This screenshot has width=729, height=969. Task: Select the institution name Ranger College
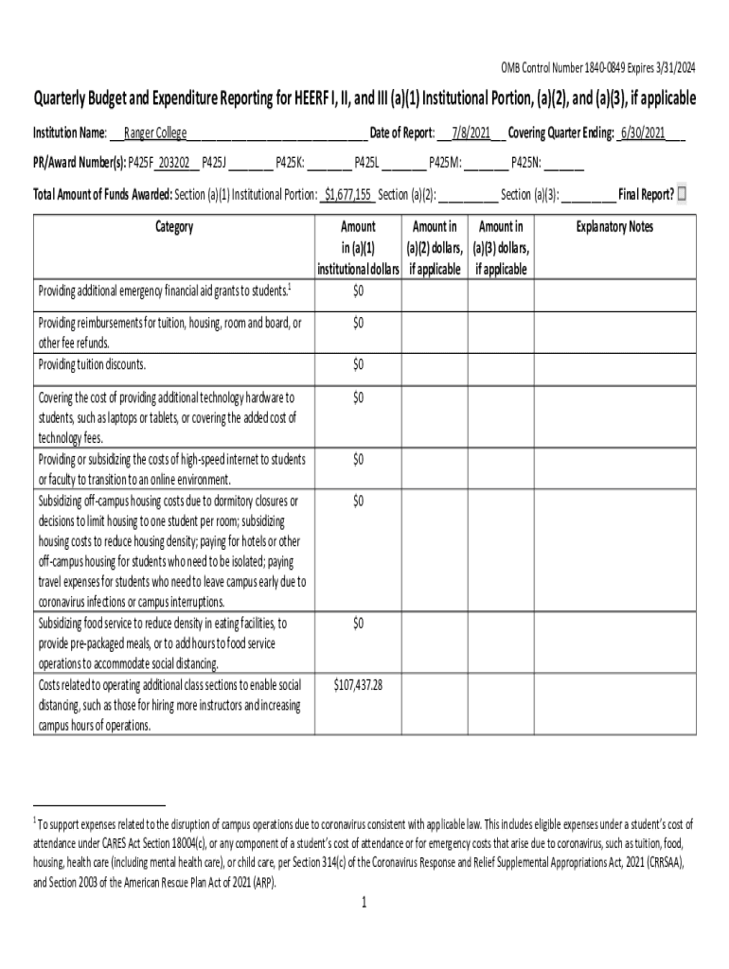(156, 132)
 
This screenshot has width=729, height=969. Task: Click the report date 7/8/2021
(471, 132)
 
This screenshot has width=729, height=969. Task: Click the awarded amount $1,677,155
(347, 195)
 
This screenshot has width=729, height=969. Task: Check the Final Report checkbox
(685, 195)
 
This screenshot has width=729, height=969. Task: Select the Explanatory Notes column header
(614, 227)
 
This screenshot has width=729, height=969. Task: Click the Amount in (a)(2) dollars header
(435, 248)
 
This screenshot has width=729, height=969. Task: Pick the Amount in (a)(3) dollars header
(501, 248)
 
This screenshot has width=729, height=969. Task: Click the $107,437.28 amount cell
(358, 684)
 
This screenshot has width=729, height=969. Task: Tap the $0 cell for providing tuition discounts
(358, 364)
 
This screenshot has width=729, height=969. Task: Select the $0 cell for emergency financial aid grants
(358, 290)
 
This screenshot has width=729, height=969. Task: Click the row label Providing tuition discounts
(92, 364)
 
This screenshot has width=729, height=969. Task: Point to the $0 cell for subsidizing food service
(358, 623)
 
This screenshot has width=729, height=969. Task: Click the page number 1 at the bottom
(364, 903)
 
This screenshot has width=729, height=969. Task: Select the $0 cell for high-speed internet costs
(358, 459)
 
